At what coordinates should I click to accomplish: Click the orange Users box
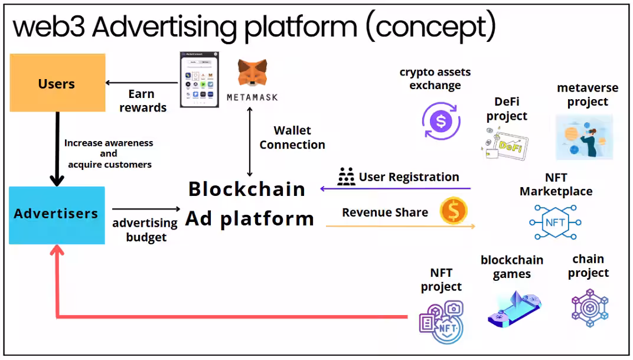click(x=57, y=83)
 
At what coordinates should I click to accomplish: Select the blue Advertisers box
click(x=57, y=215)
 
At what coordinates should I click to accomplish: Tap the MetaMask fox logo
click(x=252, y=74)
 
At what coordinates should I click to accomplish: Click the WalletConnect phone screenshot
click(x=199, y=79)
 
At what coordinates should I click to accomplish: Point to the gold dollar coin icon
click(x=453, y=211)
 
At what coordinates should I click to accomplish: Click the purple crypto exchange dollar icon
click(x=441, y=122)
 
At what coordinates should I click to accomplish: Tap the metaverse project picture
click(x=584, y=136)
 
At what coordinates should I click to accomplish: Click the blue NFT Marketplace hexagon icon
click(x=555, y=222)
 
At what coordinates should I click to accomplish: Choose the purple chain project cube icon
click(x=589, y=308)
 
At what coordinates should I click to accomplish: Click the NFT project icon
click(x=441, y=322)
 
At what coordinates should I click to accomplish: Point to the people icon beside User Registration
click(x=346, y=177)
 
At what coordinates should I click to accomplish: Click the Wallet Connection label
click(x=292, y=138)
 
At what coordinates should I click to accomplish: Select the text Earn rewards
click(x=143, y=101)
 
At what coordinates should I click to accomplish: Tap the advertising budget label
click(x=145, y=230)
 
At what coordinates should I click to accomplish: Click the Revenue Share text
click(x=385, y=212)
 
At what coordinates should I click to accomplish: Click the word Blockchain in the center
click(x=247, y=189)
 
